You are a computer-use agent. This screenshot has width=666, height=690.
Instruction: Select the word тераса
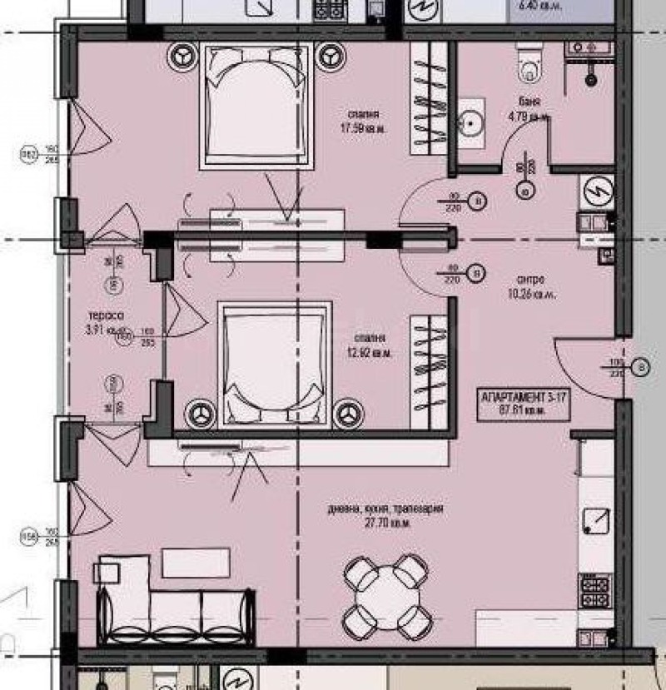coord(107,316)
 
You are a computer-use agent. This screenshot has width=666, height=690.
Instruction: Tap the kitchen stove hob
coord(596,590)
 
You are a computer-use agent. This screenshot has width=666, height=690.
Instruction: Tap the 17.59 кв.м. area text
coord(365,128)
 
